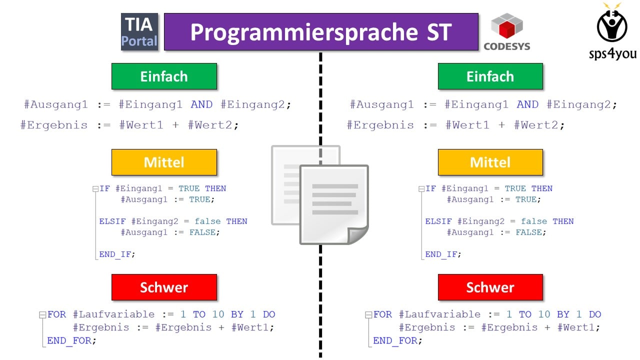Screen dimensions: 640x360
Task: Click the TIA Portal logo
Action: [x=139, y=31]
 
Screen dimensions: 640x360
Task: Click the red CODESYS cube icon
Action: [x=507, y=26]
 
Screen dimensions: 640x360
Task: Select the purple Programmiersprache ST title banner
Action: [x=321, y=31]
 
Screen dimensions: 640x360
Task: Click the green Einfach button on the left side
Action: [x=164, y=76]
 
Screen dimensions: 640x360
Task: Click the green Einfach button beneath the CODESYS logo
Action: [x=490, y=76]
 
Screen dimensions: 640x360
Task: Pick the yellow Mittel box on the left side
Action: [x=164, y=162]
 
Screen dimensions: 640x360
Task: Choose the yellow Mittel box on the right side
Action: [x=490, y=162]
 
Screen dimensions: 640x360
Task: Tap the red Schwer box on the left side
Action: [x=164, y=287]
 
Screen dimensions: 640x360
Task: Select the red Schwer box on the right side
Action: [x=490, y=287]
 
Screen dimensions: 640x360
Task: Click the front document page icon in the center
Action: [x=334, y=204]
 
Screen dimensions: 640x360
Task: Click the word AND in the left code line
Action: [x=201, y=104]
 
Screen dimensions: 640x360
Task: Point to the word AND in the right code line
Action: [x=527, y=104]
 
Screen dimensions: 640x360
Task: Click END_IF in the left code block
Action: [x=115, y=254]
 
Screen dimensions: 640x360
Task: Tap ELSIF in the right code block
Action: [x=438, y=221]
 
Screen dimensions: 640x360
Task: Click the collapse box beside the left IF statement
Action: [x=95, y=189]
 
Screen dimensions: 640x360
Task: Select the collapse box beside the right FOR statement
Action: [x=368, y=315]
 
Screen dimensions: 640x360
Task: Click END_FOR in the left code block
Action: [x=69, y=340]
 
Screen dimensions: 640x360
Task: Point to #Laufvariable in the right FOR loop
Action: [x=439, y=314]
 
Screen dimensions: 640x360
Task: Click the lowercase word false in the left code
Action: [x=207, y=221]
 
